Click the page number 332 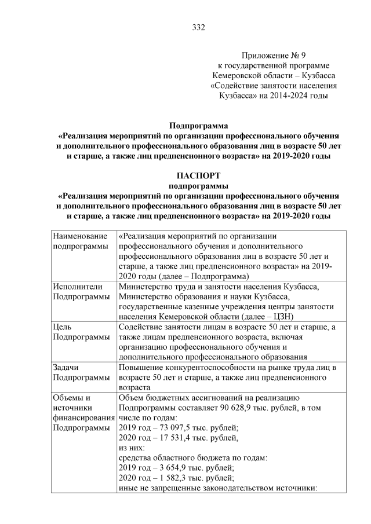(198, 27)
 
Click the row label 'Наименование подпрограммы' (81, 241)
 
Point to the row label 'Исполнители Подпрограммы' (81, 291)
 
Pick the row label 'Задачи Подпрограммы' (81, 372)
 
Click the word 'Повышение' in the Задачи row (141, 367)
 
